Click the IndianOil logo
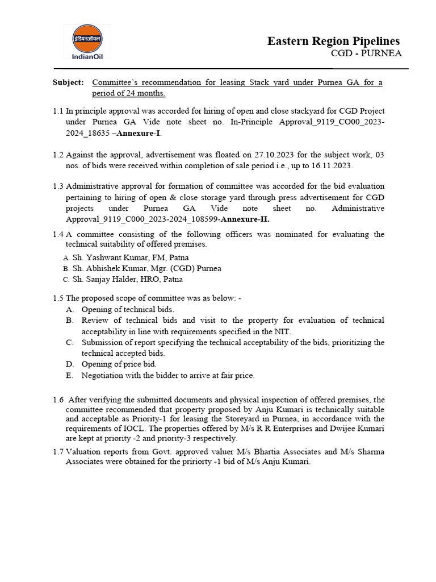point(87,41)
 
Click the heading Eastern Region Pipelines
point(333,41)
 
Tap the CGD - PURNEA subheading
point(366,53)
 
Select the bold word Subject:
point(68,82)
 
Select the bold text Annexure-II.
point(245,219)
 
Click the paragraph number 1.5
point(58,298)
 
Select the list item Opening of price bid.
point(119,364)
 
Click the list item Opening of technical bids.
point(125,309)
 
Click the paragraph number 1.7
point(58,451)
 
